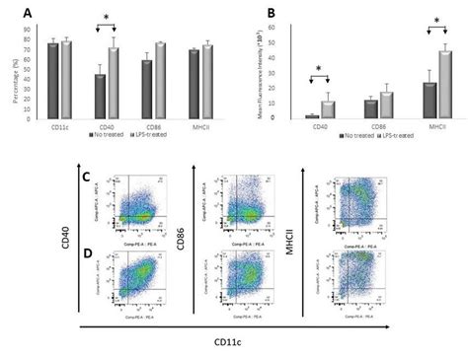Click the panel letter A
pyautogui.click(x=12, y=13)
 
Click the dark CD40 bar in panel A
pyautogui.click(x=100, y=97)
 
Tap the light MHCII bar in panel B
pyautogui.click(x=419, y=85)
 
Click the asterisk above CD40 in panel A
pyautogui.click(x=106, y=17)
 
